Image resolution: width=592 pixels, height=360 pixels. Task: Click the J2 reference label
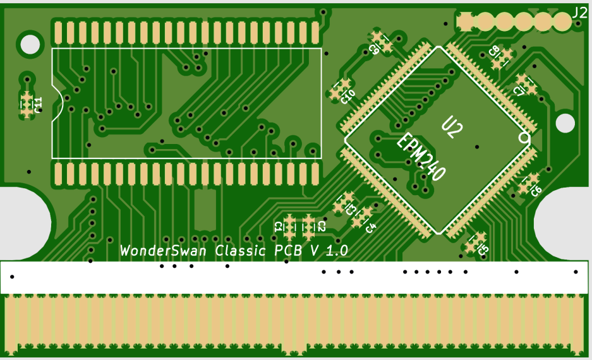[x=579, y=12]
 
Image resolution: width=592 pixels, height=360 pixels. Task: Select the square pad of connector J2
[x=466, y=21]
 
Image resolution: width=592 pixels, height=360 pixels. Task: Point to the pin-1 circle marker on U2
[x=524, y=137]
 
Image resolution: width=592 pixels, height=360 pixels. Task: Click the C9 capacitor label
[x=374, y=49]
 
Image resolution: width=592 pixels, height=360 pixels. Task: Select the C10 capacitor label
[x=347, y=96]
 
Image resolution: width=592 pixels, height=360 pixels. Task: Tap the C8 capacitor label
[x=495, y=51]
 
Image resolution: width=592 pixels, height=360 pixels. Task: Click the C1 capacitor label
[x=279, y=226]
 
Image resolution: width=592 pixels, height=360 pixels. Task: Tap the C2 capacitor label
[x=321, y=226]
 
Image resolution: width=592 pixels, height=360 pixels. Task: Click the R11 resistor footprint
[x=27, y=104]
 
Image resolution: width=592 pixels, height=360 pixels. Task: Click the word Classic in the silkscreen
[x=241, y=250]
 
